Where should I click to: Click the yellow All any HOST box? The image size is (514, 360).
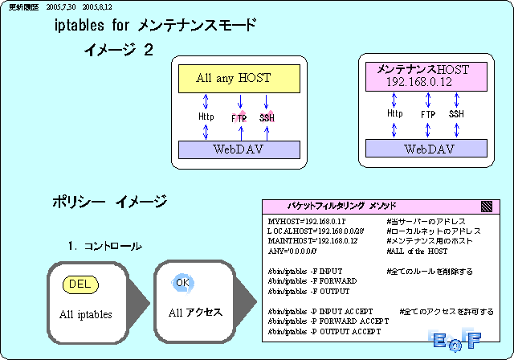pyautogui.click(x=234, y=78)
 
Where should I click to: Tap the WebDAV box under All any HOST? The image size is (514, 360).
pyautogui.click(x=234, y=149)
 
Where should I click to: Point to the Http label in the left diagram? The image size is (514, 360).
pyautogui.click(x=206, y=117)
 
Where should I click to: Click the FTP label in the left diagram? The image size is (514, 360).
pyautogui.click(x=239, y=118)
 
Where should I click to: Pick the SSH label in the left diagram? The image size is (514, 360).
pyautogui.click(x=267, y=118)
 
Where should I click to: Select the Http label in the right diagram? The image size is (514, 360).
pyautogui.click(x=394, y=114)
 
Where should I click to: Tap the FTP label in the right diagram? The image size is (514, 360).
pyautogui.click(x=427, y=115)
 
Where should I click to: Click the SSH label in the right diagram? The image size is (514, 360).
pyautogui.click(x=456, y=114)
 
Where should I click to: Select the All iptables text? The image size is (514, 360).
pyautogui.click(x=86, y=314)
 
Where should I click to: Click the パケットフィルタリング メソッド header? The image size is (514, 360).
pyautogui.click(x=341, y=206)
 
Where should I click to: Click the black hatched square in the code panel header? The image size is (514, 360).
pyautogui.click(x=486, y=206)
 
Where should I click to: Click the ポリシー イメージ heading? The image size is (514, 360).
pyautogui.click(x=109, y=200)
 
